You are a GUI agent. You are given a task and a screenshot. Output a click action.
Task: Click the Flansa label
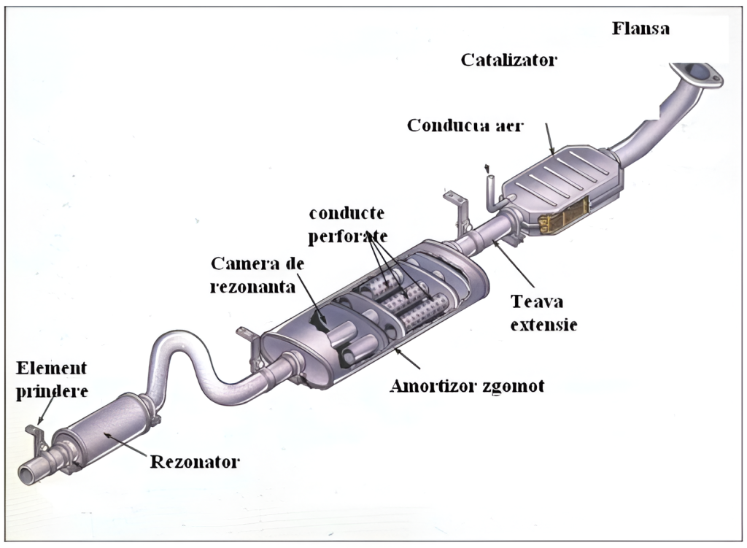point(640,28)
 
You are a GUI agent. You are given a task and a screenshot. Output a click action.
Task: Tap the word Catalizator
point(508,60)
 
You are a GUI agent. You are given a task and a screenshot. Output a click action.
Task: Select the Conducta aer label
point(465,125)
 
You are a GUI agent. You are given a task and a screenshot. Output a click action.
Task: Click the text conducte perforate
point(347,225)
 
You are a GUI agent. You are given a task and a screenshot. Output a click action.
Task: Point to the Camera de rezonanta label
point(257,274)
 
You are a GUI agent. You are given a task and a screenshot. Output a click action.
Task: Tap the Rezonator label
point(195,461)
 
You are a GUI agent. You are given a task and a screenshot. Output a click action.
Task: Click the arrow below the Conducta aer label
point(550,140)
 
